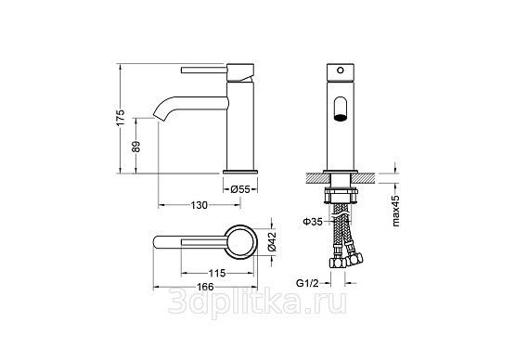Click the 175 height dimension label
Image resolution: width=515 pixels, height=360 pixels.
(121, 118)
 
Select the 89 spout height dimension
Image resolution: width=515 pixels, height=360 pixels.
(136, 147)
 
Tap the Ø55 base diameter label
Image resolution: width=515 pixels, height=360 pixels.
(240, 189)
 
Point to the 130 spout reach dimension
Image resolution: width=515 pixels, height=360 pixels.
(199, 205)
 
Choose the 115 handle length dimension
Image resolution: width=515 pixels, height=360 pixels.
(217, 273)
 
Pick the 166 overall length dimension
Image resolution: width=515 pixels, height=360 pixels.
(205, 287)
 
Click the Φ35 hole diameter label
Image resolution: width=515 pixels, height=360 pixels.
(313, 222)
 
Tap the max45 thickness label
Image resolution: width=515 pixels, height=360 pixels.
(396, 211)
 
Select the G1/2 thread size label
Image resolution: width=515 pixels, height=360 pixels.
(307, 283)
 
